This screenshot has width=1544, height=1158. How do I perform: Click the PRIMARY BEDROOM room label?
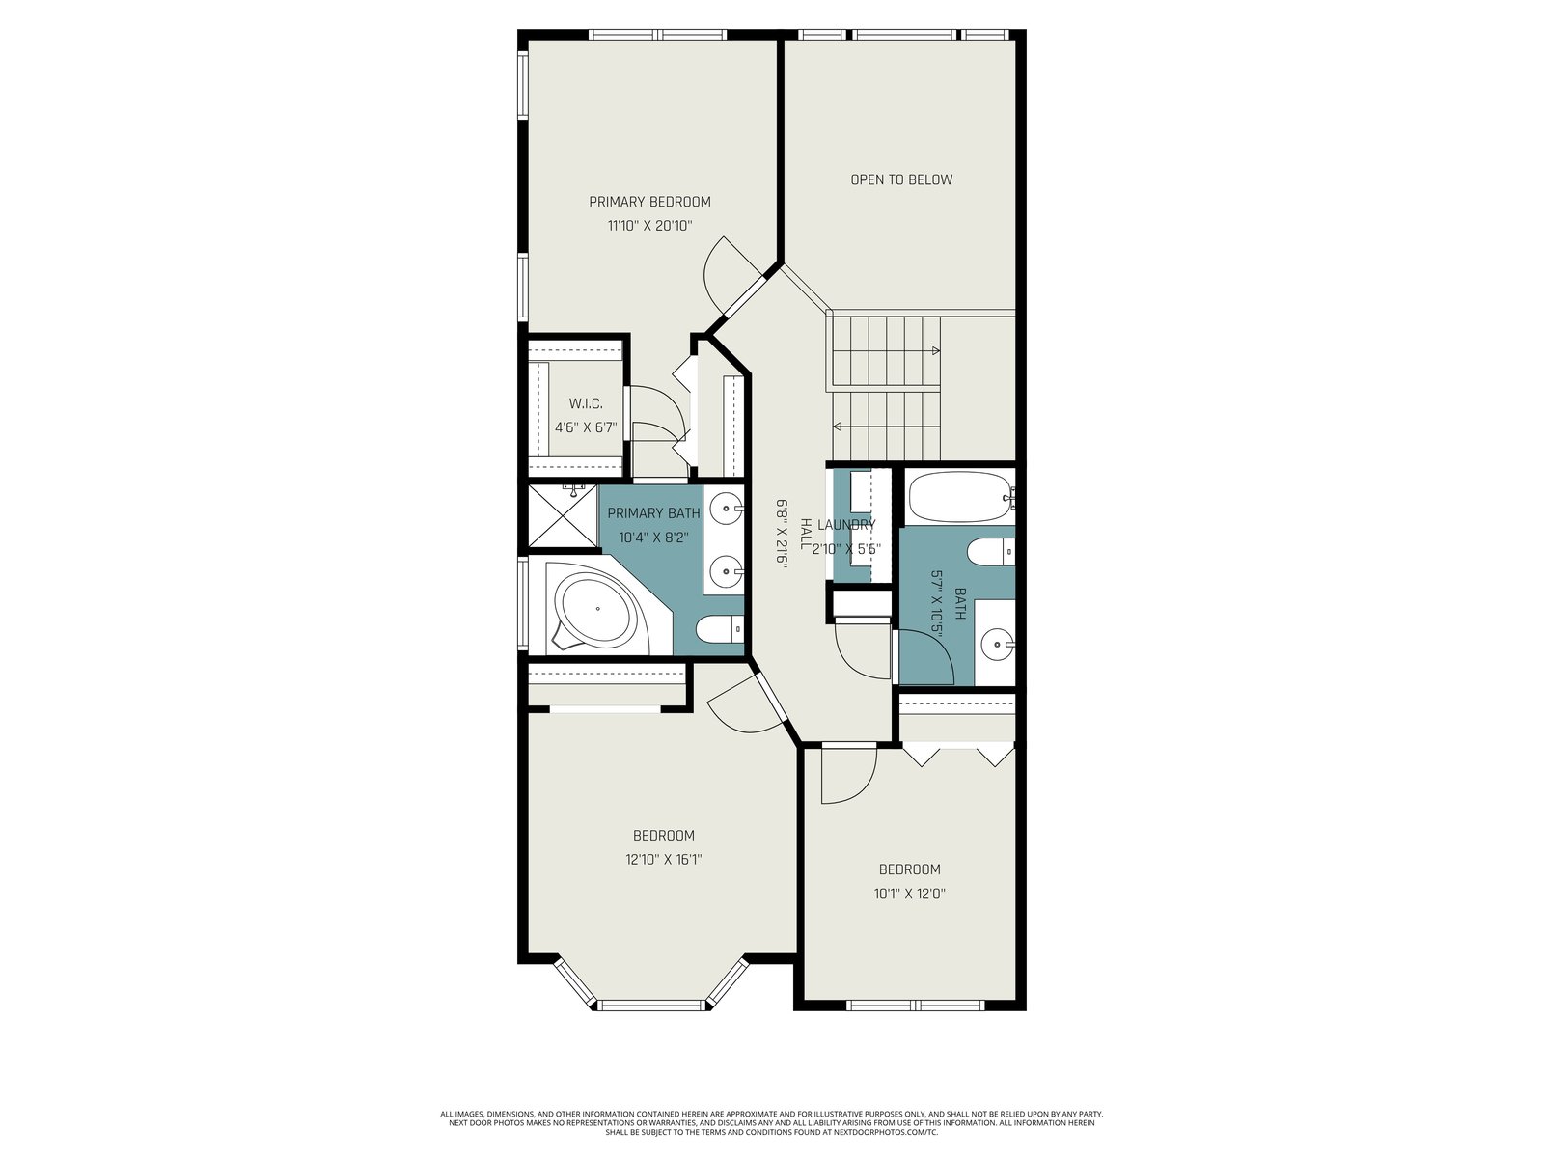coord(649,202)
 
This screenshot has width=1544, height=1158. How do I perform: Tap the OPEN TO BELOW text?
coord(901,180)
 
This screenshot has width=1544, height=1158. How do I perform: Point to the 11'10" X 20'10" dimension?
coord(650,227)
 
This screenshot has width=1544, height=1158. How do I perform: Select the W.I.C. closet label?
coord(585,404)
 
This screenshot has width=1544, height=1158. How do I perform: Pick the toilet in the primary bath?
coord(720,628)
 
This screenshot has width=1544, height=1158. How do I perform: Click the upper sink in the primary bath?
coord(726,509)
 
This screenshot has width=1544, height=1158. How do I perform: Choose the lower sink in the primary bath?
coord(726,571)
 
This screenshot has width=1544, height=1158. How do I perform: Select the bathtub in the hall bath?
coord(960,497)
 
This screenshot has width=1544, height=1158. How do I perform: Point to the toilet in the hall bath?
coord(991,552)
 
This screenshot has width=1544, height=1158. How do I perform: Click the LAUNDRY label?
coord(846,525)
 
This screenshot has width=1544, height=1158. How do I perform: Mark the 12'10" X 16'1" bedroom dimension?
coord(663,859)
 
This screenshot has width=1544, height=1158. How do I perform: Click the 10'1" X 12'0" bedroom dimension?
coord(910,894)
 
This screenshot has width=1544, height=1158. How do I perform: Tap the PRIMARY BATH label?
coord(653,513)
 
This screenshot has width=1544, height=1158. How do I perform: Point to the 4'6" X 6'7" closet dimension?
coord(585,427)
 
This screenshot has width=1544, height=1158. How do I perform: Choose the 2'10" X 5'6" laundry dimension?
coord(846,549)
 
